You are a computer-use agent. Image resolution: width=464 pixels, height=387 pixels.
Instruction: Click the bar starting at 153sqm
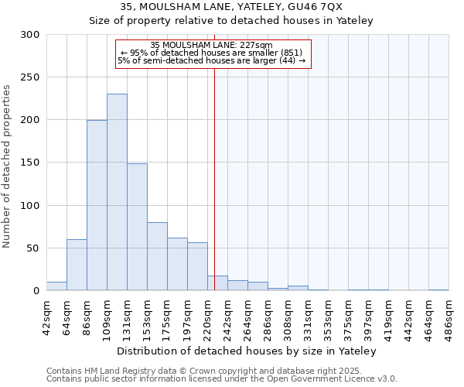click(x=157, y=256)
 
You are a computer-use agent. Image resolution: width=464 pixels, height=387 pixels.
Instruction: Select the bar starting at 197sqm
click(x=197, y=266)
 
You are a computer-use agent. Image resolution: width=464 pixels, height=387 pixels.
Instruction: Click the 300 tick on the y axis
click(x=30, y=35)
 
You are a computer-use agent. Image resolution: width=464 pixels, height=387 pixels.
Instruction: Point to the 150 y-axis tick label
click(x=30, y=163)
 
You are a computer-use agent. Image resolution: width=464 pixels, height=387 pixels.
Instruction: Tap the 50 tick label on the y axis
click(x=33, y=248)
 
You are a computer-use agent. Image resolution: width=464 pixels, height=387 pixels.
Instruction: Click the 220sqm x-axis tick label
click(x=208, y=315)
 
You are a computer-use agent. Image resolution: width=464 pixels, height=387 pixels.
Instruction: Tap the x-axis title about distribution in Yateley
click(x=247, y=351)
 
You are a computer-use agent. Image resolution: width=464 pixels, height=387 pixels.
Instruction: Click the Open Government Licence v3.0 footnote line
click(x=222, y=379)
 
